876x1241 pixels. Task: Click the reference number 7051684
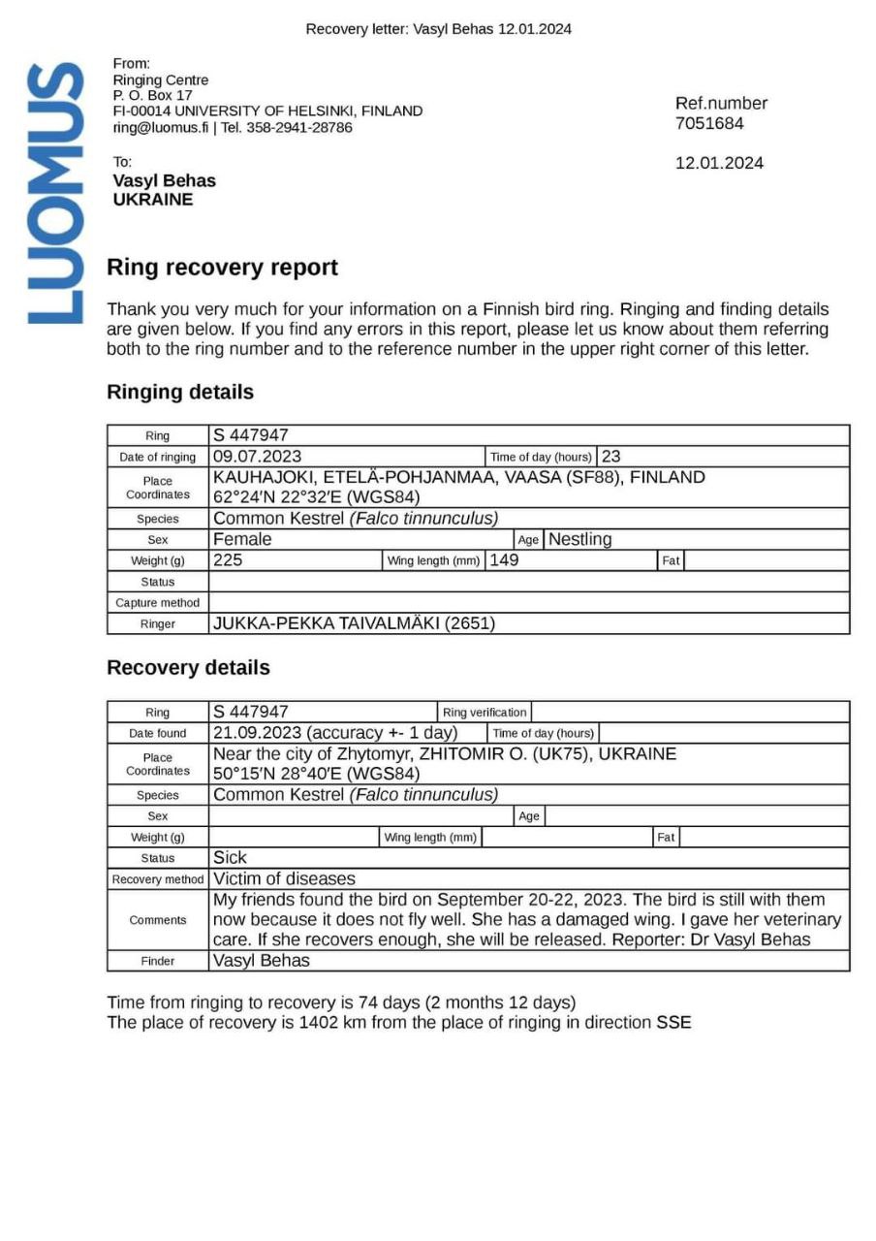click(x=709, y=124)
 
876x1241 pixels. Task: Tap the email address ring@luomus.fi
click(x=161, y=127)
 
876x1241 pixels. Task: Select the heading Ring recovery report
click(x=222, y=268)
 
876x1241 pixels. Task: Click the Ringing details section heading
click(x=180, y=393)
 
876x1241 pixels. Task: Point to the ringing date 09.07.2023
click(x=257, y=457)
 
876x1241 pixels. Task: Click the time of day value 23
click(x=611, y=457)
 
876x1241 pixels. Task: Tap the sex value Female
click(x=242, y=540)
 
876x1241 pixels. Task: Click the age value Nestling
click(x=579, y=540)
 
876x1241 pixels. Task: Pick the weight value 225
click(x=228, y=560)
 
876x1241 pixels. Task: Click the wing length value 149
click(x=504, y=560)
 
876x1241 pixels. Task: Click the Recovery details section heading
click(x=188, y=668)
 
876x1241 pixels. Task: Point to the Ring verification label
click(x=485, y=713)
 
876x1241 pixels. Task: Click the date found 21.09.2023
click(x=257, y=734)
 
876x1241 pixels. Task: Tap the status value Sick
click(x=230, y=858)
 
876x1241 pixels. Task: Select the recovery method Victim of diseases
click(x=284, y=879)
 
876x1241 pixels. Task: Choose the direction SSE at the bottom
click(x=673, y=1023)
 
